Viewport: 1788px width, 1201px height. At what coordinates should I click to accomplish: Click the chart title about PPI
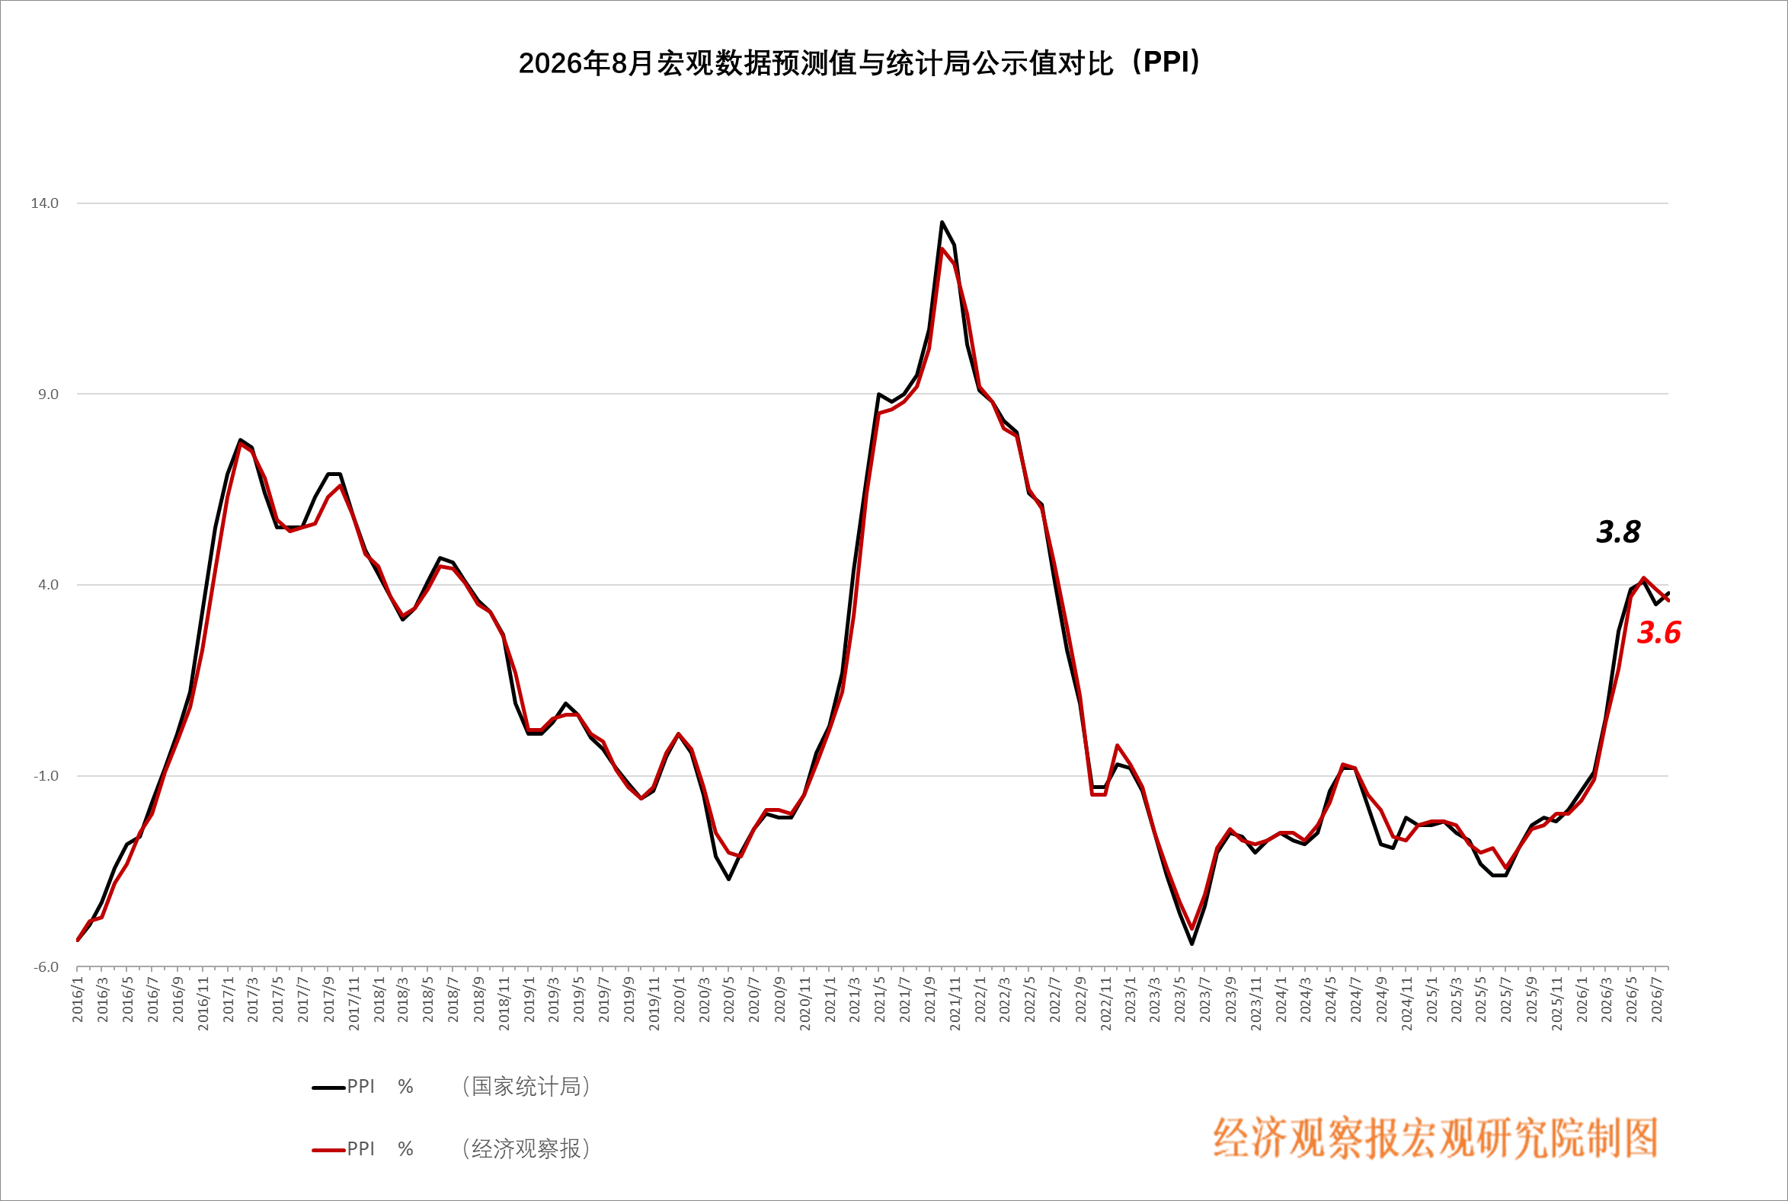click(859, 62)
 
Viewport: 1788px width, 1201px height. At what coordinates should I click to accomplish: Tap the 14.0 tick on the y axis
click(44, 203)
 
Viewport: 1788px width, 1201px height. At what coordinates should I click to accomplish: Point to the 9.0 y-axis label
click(48, 394)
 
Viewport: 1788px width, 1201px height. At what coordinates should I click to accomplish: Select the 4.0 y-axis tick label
click(48, 585)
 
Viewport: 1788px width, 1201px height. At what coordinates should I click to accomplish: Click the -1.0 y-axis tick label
click(46, 776)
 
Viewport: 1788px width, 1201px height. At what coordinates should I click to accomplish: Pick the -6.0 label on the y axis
click(46, 967)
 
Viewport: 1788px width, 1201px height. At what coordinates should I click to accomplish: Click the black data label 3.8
click(1618, 532)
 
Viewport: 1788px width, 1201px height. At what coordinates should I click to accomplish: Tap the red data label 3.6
click(1658, 633)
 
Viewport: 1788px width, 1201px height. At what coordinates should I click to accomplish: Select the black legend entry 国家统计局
click(451, 1087)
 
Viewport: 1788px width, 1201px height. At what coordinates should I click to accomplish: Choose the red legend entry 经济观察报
click(451, 1149)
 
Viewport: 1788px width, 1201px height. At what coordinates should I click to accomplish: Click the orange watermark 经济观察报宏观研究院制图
click(1435, 1139)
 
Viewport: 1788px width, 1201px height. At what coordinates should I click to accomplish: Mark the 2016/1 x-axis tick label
click(78, 999)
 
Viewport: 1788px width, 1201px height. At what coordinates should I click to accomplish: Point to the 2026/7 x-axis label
click(1656, 999)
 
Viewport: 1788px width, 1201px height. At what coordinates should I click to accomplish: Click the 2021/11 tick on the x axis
click(955, 1004)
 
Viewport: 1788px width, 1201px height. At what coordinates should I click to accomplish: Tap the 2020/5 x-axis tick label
click(729, 999)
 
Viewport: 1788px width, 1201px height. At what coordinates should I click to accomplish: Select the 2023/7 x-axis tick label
click(1205, 999)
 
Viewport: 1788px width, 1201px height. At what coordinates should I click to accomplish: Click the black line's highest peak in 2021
click(942, 222)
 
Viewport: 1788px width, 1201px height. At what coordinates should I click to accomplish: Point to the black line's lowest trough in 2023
click(1192, 944)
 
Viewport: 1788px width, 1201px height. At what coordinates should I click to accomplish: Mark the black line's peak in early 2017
click(240, 439)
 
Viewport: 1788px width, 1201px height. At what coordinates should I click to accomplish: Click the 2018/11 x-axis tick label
click(504, 1004)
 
